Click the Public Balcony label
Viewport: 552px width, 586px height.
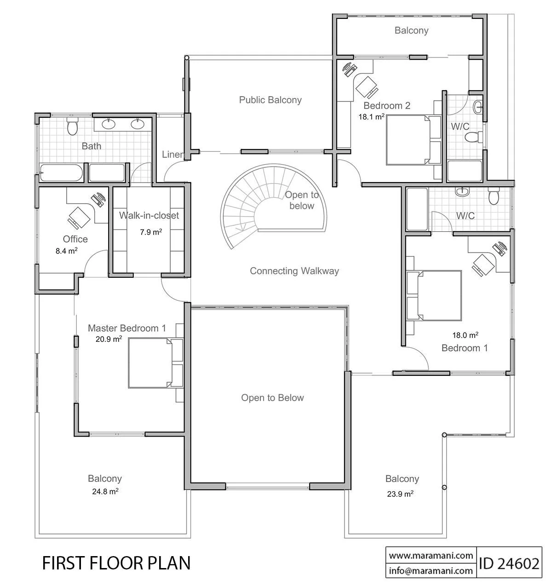tap(270, 100)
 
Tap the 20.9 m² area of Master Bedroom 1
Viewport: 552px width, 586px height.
tap(109, 339)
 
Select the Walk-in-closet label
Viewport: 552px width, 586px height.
tap(149, 215)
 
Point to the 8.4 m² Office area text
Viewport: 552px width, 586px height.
tap(66, 251)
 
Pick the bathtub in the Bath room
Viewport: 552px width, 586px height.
tap(61, 172)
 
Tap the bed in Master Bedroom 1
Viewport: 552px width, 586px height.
tap(155, 362)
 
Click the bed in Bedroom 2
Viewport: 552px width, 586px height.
tap(414, 139)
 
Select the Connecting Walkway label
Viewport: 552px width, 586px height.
tap(294, 270)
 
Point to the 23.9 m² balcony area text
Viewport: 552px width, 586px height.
tap(400, 494)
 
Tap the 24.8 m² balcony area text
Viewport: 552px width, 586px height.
tap(105, 491)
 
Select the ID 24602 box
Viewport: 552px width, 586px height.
tap(509, 563)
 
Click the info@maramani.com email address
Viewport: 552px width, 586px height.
tap(431, 570)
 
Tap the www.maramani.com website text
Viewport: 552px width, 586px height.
tap(431, 555)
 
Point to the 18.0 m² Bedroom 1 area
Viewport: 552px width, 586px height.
tap(465, 335)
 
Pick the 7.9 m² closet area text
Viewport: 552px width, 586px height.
tap(151, 232)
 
